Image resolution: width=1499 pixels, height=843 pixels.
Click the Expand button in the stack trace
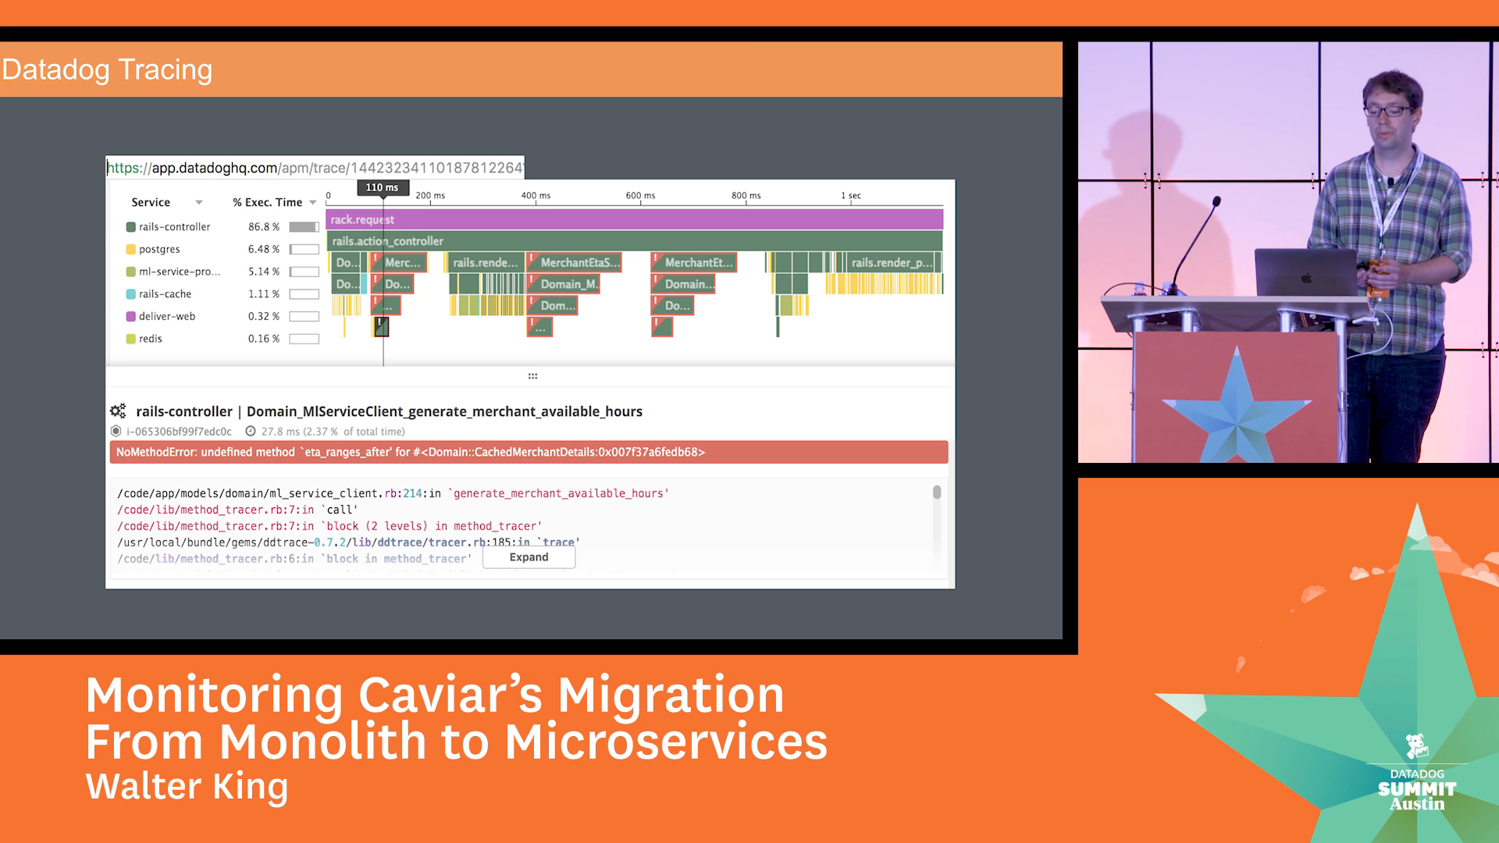click(x=529, y=557)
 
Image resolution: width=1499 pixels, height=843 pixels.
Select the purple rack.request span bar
click(x=634, y=219)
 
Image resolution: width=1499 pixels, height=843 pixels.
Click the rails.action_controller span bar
click(x=634, y=241)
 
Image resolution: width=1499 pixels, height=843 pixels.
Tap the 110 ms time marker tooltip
click(x=383, y=187)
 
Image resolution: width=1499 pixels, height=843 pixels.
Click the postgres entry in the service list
click(x=159, y=249)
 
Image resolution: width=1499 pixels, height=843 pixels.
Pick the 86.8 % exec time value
click(x=263, y=227)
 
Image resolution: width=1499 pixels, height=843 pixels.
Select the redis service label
click(x=151, y=339)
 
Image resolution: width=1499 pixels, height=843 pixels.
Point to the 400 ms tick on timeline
click(x=536, y=196)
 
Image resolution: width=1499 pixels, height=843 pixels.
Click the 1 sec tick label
click(x=851, y=196)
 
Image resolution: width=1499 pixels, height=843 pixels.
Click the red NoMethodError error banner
click(x=529, y=452)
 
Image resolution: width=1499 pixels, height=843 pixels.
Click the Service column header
click(x=151, y=202)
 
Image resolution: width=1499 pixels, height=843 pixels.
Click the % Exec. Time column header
click(x=267, y=202)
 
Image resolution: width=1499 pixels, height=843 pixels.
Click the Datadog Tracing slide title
click(x=107, y=69)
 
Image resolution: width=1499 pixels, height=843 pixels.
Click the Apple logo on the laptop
click(x=1306, y=278)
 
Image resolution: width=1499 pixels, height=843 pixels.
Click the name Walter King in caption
click(x=187, y=786)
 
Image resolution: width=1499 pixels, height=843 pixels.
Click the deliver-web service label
click(x=167, y=316)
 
